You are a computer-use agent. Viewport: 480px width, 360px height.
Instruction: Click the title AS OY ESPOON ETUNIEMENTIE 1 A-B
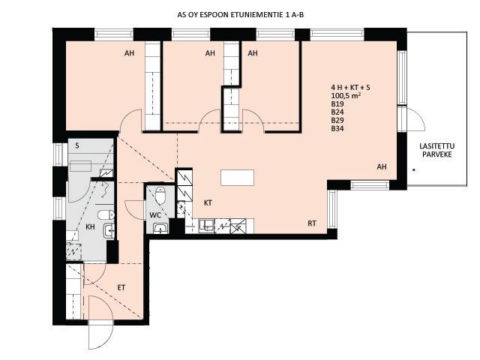[x=241, y=15]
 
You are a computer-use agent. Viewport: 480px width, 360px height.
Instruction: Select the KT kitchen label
[x=208, y=202]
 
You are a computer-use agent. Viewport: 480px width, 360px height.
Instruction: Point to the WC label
[x=155, y=215]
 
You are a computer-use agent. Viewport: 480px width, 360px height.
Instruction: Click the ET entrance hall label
[x=121, y=288]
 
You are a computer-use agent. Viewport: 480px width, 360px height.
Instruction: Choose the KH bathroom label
[x=90, y=226]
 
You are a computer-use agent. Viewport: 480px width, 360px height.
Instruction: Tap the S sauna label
[x=77, y=145]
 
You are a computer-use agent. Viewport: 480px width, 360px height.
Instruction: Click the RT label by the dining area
[x=312, y=223]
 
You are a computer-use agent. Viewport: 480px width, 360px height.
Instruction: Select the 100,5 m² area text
[x=346, y=95]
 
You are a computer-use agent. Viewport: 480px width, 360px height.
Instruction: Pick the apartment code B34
[x=337, y=128]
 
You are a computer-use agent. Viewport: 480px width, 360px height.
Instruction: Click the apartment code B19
[x=337, y=103]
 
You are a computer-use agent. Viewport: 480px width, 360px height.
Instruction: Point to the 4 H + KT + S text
[x=350, y=88]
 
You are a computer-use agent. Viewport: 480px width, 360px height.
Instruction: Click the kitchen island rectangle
[x=237, y=178]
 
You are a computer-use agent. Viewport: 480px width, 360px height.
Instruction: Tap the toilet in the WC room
[x=160, y=196]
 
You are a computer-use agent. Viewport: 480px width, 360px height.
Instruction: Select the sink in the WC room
[x=160, y=228]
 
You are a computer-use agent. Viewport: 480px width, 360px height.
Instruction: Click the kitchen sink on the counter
[x=206, y=226]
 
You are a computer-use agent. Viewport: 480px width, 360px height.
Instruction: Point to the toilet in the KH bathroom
[x=106, y=214]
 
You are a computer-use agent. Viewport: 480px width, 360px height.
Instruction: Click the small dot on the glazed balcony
[x=414, y=169]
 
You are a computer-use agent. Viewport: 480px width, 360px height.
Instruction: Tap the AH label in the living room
[x=382, y=166]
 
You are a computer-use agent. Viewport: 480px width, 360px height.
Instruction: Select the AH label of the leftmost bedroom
[x=129, y=53]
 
